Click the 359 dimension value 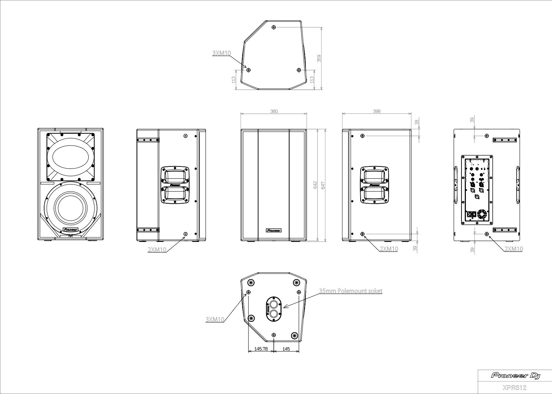(x=319, y=58)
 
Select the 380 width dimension (x=274, y=111)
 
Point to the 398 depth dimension (x=376, y=111)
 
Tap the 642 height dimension (x=315, y=185)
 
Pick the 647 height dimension (x=323, y=185)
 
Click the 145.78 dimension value (x=261, y=349)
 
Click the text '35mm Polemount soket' (x=350, y=291)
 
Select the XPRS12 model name (x=514, y=387)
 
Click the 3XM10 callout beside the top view (x=222, y=53)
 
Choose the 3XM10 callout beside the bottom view (x=215, y=320)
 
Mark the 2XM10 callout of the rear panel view (x=513, y=249)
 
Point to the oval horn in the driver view (x=71, y=155)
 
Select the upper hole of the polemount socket (x=273, y=304)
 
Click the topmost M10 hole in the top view (x=274, y=27)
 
